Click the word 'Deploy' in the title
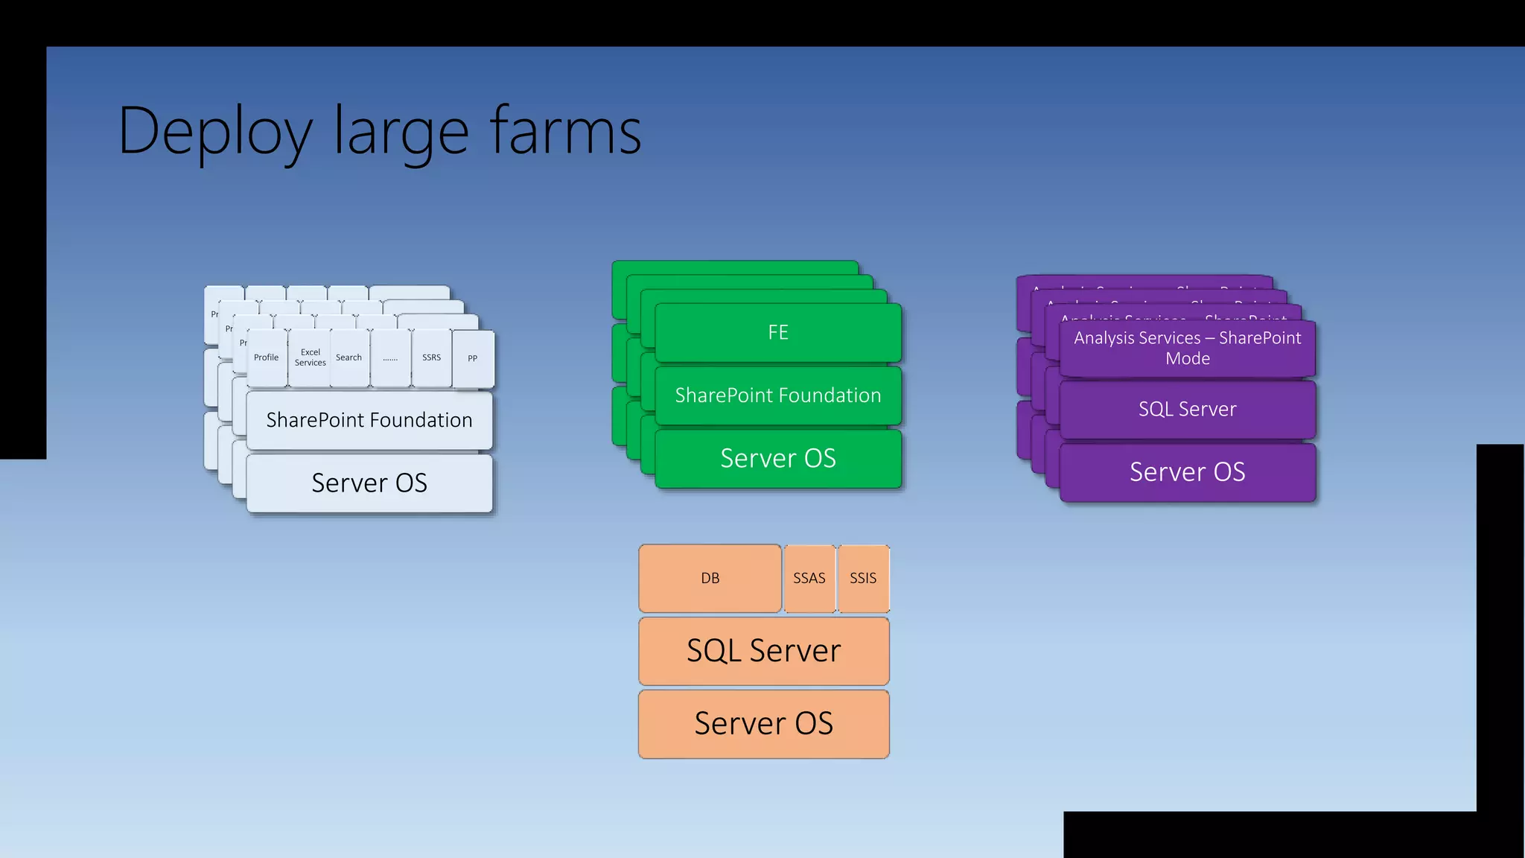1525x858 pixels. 214,133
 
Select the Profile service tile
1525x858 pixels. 266,358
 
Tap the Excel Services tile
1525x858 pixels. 310,358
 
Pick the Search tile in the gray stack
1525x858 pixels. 348,358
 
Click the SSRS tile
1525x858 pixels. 431,358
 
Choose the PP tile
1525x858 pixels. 473,359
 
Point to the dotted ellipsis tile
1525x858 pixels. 390,359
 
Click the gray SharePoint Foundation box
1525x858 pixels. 369,421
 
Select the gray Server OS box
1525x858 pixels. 369,483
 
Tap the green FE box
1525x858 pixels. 778,332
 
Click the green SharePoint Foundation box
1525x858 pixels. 778,395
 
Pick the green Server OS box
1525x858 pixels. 778,458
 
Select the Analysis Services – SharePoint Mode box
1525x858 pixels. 1187,348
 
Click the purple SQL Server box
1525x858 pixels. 1187,410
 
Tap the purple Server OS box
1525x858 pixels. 1187,472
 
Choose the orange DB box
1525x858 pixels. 710,579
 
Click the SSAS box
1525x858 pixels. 809,579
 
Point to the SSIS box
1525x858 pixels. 863,579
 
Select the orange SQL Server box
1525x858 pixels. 763,651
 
